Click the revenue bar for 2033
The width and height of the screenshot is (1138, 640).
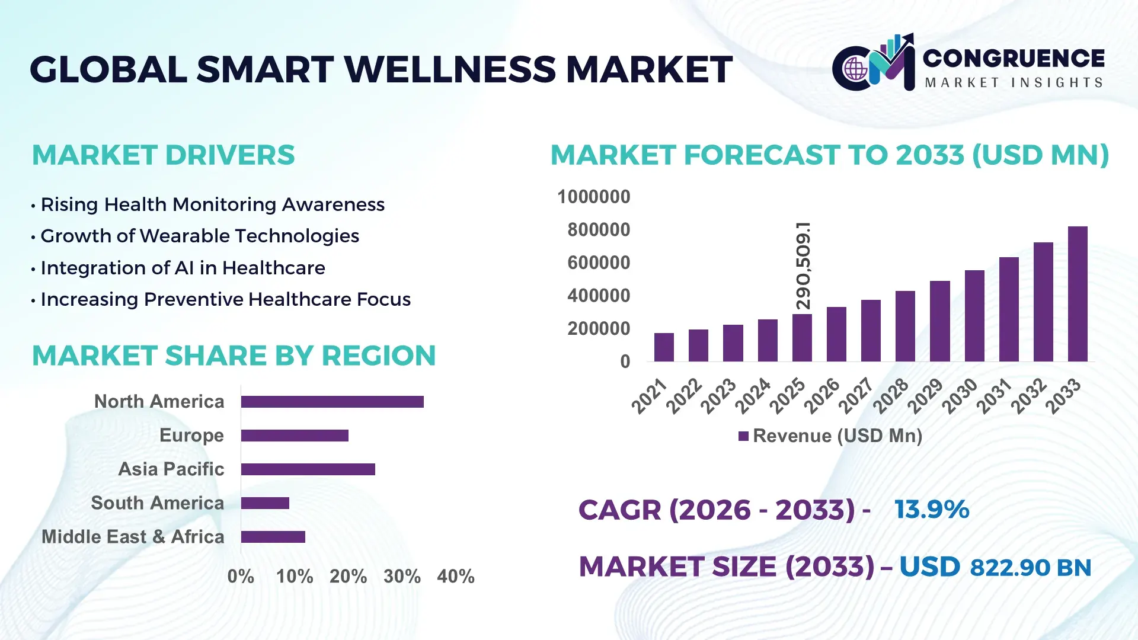[x=1078, y=294]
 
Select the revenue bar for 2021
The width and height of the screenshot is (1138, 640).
[x=664, y=347]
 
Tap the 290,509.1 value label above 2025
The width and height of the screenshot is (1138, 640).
[x=803, y=265]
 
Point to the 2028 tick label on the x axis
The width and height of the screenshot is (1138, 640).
[x=890, y=396]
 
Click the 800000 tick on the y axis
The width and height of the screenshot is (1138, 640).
[x=599, y=230]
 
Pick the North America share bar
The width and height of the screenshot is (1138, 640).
[x=332, y=402]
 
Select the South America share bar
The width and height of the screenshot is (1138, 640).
[x=265, y=503]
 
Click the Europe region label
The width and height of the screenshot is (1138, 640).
[x=191, y=436]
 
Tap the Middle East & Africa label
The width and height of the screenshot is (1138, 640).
[x=133, y=537]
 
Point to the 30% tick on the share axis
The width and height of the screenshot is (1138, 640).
[x=402, y=577]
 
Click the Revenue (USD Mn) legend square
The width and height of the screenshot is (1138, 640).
[x=743, y=437]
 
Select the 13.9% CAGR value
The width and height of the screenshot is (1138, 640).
[x=932, y=510]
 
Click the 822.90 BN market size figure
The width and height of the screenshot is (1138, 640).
[x=1030, y=568]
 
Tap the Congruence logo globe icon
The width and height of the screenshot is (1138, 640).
[x=855, y=69]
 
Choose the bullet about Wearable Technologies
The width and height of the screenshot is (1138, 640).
[x=200, y=236]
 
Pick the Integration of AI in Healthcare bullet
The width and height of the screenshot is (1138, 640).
[x=183, y=268]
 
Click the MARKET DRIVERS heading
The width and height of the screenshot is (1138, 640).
[x=163, y=155]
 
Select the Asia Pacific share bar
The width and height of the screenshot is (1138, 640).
[x=308, y=469]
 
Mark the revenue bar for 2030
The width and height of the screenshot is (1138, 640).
[x=974, y=316]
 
